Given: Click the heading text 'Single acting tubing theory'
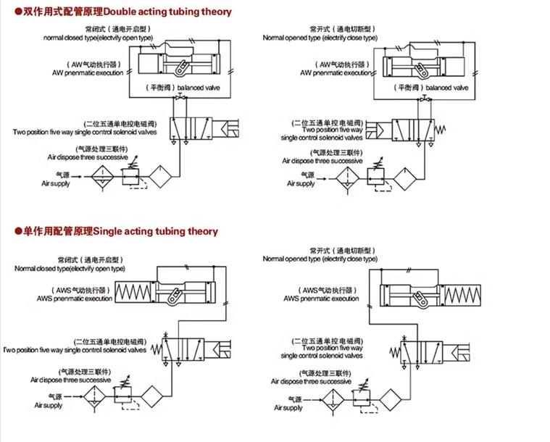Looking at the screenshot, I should [155, 231].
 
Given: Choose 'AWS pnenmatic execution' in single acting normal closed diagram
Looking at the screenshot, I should [83, 298].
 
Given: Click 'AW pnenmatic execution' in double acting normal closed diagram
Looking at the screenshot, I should [89, 73].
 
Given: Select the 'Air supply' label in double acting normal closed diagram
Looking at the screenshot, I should [55, 184].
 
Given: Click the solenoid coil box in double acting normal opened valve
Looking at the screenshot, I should [376, 130].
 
